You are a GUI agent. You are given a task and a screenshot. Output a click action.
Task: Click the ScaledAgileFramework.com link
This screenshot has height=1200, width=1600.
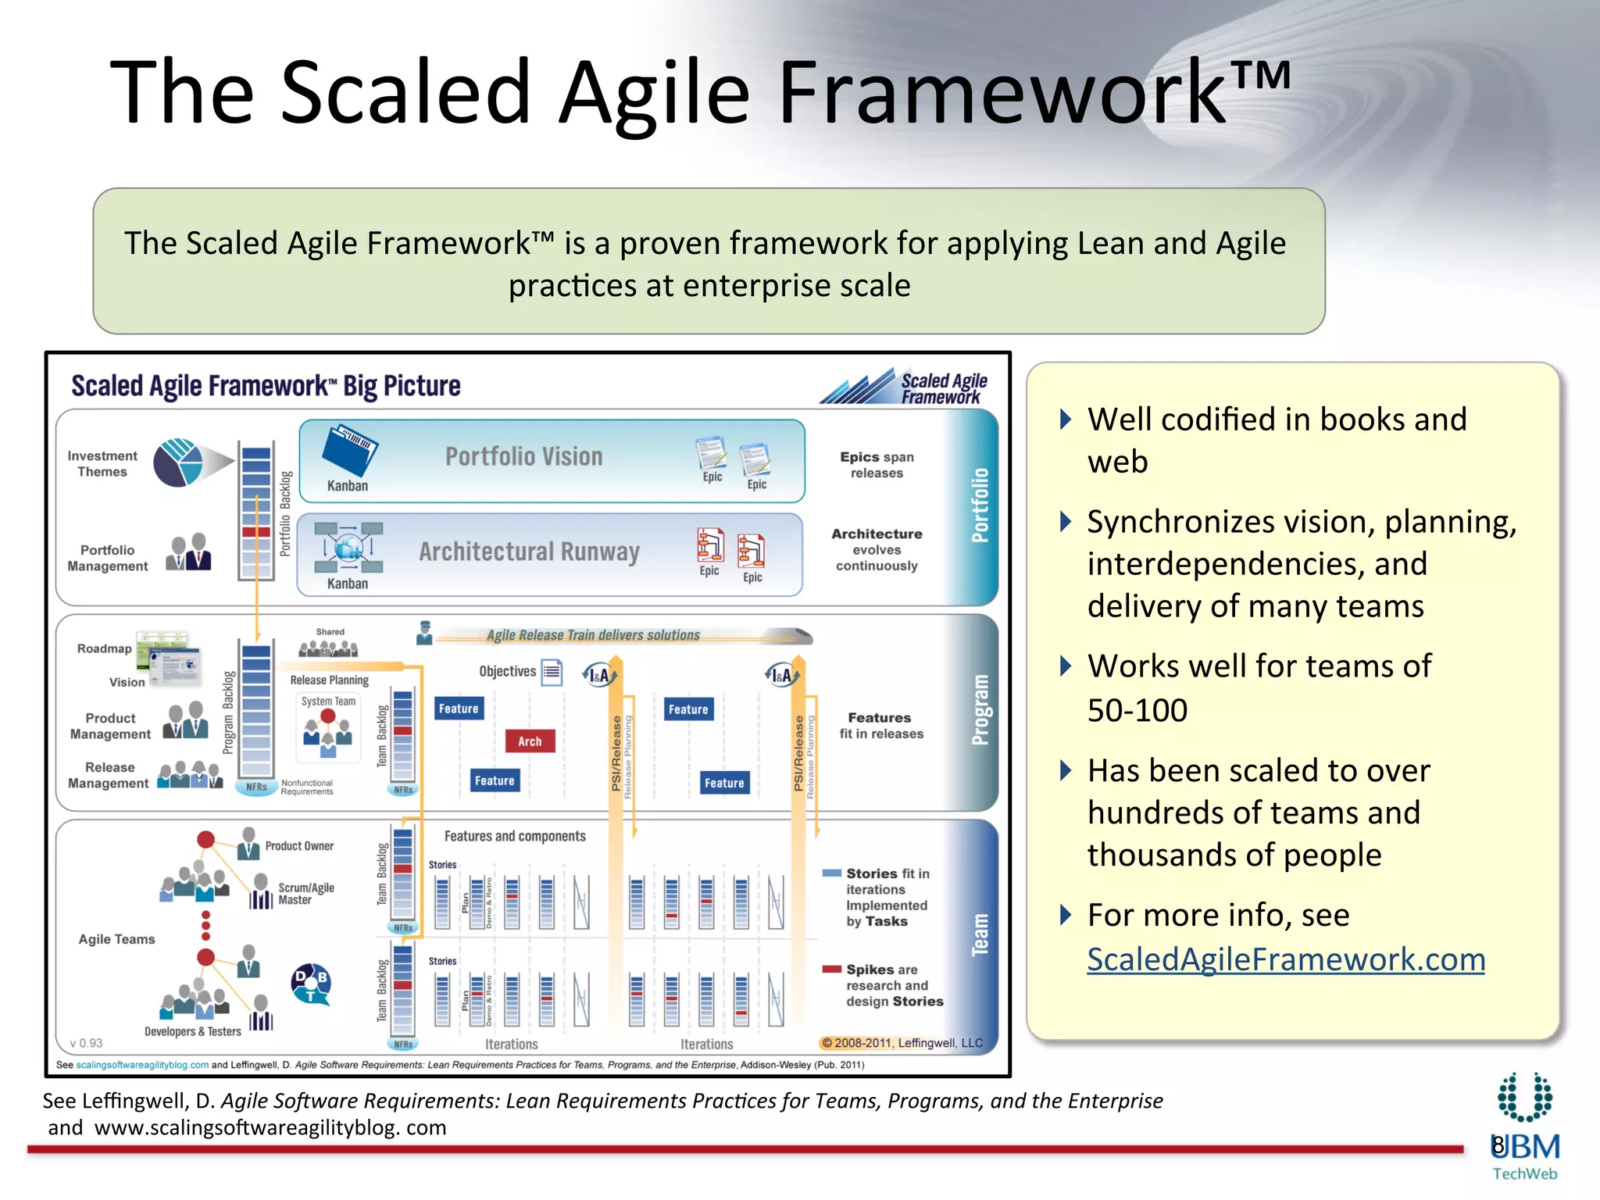1285,959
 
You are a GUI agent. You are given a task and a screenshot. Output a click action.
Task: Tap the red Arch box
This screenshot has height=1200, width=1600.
529,741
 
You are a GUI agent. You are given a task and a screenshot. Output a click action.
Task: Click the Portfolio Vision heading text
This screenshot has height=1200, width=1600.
523,456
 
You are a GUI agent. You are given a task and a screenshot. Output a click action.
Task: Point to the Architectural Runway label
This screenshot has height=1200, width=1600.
529,552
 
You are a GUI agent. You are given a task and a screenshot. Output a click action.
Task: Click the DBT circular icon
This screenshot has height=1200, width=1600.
311,984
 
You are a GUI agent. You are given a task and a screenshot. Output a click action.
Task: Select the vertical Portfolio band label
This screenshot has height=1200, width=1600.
980,505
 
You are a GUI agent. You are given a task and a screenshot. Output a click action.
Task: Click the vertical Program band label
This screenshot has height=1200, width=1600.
980,709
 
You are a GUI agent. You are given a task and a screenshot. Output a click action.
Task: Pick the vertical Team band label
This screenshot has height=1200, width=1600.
980,934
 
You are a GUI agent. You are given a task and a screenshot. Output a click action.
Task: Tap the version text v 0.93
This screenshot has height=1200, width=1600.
86,1043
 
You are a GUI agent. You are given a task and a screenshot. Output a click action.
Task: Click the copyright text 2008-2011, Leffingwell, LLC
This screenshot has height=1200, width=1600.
902,1043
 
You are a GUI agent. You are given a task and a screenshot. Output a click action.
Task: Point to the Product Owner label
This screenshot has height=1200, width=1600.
299,845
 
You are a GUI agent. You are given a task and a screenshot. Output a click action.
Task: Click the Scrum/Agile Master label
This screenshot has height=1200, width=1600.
305,894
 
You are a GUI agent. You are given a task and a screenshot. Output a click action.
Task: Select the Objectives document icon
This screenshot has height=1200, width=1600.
552,672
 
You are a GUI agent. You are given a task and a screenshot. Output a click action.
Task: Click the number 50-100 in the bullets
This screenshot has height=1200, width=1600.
1137,710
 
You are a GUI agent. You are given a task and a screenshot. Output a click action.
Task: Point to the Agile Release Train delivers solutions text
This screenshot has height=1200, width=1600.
593,635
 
